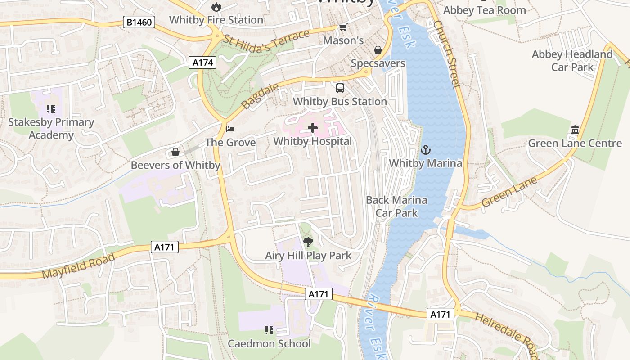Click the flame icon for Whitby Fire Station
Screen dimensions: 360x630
pos(216,7)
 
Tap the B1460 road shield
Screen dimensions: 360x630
pos(139,22)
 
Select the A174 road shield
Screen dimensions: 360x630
pos(202,63)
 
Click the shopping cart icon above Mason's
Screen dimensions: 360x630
pos(343,27)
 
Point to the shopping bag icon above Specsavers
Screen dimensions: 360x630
pos(378,50)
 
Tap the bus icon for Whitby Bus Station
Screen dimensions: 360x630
pos(340,88)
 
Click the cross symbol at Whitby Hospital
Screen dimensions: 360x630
pos(313,128)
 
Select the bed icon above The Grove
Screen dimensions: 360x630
pos(230,129)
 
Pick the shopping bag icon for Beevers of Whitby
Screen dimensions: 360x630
pos(175,152)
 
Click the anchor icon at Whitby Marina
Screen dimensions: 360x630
pos(425,150)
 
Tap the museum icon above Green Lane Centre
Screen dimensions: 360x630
pos(575,130)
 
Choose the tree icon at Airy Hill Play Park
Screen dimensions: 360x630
pos(308,243)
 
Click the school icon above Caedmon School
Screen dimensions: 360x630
pos(269,331)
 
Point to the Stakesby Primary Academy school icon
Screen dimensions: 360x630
pos(51,109)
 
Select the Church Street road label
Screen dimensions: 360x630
pos(447,54)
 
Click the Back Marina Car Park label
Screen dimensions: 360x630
pos(396,207)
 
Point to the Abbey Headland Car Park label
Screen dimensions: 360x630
pos(572,61)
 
